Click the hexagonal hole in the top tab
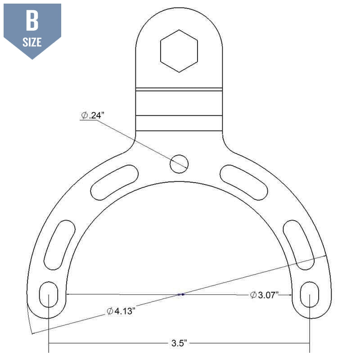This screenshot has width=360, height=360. tap(179, 50)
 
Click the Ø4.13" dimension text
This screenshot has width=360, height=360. tap(121, 311)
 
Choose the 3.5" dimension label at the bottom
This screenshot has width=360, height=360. tap(179, 344)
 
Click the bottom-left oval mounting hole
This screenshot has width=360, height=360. tap(49, 295)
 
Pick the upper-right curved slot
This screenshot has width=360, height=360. tap(244, 182)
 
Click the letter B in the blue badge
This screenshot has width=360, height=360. tap(32, 22)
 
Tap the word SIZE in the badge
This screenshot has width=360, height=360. tap(32, 43)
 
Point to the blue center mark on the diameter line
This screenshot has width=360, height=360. tap(180, 294)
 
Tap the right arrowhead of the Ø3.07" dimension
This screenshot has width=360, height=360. tap(291, 295)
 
